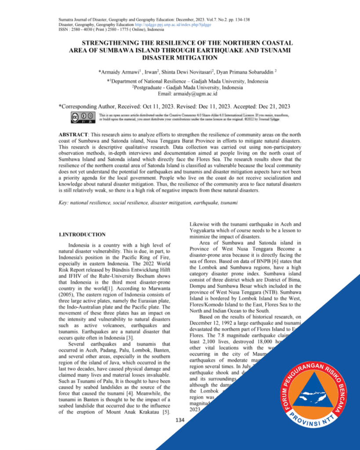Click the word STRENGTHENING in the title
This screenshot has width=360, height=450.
(x=109, y=43)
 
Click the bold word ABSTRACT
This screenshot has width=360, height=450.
(x=73, y=133)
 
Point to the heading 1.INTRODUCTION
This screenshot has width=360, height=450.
(x=82, y=235)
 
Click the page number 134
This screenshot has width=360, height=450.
(x=180, y=420)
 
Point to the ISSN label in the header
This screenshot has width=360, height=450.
(x=64, y=30)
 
